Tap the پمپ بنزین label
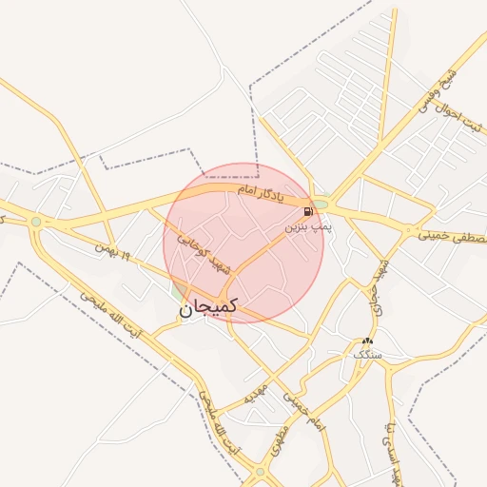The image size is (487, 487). point(309,228)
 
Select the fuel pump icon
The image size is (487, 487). point(307,211)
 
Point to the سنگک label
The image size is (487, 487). point(367,354)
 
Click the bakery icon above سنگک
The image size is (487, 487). point(367,341)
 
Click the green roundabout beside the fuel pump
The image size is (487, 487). point(321,204)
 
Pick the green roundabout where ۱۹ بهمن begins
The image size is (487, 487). point(36,222)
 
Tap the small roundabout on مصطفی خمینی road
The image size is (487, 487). point(409,230)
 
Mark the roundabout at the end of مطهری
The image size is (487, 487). point(260,471)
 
